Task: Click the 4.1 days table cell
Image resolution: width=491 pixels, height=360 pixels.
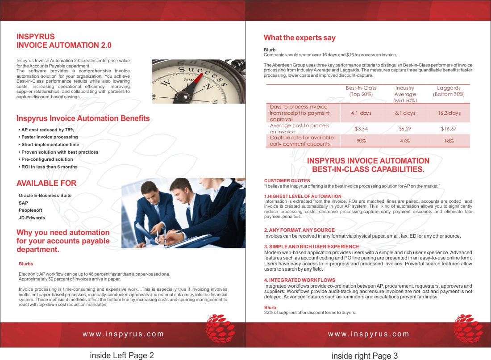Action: click(x=361, y=113)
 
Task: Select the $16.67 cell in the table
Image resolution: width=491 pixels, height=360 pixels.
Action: click(x=448, y=129)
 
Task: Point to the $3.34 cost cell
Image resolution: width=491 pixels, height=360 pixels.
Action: click(x=361, y=129)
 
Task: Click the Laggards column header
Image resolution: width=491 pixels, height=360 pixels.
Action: click(x=449, y=91)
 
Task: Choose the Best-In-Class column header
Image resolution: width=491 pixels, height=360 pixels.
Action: click(x=361, y=91)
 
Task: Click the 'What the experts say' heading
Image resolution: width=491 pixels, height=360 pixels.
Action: click(x=300, y=38)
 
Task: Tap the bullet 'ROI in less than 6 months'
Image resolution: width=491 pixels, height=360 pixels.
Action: click(x=48, y=167)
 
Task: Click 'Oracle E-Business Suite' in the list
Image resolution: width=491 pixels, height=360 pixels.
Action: click(x=45, y=195)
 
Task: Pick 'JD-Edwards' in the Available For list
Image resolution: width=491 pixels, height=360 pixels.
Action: click(x=32, y=218)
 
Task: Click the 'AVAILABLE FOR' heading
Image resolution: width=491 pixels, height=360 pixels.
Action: click(x=46, y=183)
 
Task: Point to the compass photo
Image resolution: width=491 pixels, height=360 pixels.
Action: click(x=198, y=81)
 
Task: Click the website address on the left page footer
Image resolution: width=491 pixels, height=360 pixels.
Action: click(x=123, y=334)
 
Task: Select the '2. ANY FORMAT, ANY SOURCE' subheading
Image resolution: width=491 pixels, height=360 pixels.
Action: click(x=299, y=230)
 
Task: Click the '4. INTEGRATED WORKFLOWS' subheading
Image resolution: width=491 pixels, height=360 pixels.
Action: click(x=300, y=280)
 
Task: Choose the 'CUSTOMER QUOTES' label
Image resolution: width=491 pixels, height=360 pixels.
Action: click(x=287, y=180)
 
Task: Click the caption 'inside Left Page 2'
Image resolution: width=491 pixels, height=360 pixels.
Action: click(x=122, y=356)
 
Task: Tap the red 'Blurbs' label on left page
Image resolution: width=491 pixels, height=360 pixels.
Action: click(x=26, y=264)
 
